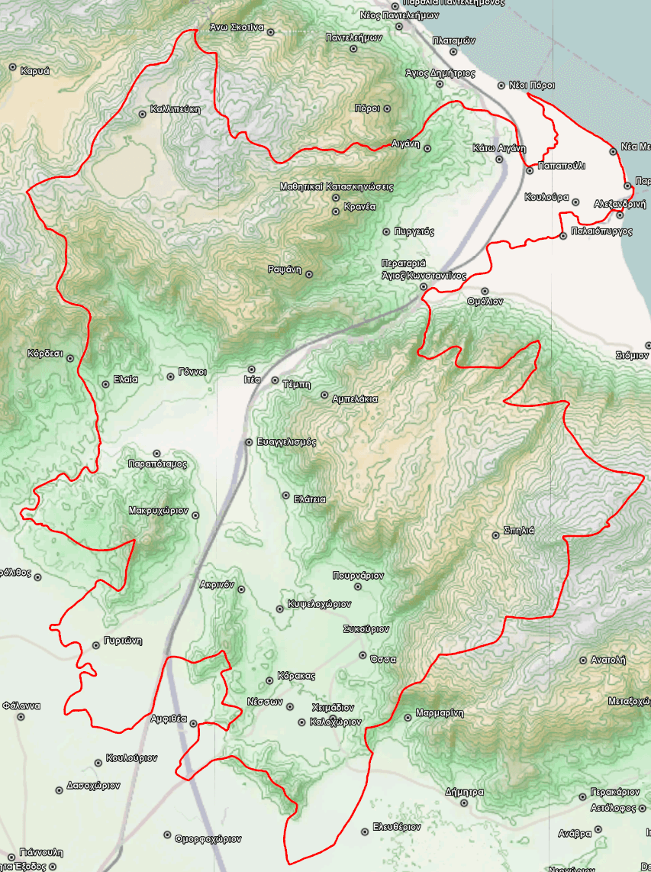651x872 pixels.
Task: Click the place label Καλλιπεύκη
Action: [176, 109]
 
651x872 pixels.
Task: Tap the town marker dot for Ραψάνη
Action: [309, 273]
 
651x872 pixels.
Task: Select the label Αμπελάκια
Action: [355, 399]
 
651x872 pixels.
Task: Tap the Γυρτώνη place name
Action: [124, 641]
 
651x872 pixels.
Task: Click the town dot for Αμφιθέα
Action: [193, 722]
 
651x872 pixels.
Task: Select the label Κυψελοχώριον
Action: [319, 604]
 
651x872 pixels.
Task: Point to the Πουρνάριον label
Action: [358, 576]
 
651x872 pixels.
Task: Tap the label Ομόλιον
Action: [485, 302]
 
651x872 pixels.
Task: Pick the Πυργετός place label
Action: [414, 231]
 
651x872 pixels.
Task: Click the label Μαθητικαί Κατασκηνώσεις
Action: [336, 186]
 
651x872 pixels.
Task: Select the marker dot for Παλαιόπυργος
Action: [562, 236]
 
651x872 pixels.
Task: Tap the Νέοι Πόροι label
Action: [531, 86]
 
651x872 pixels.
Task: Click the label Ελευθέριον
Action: [397, 827]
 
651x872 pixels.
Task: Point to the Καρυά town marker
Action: [13, 67]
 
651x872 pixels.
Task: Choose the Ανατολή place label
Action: [607, 660]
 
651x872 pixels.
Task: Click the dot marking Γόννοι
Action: [171, 376]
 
